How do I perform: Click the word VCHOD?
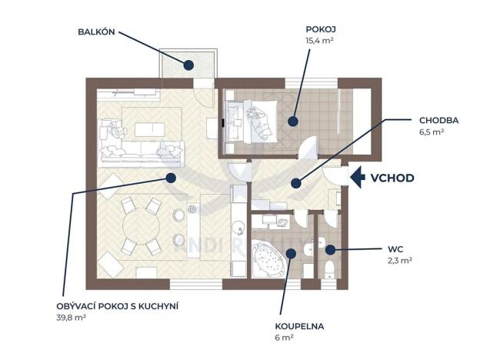click(x=392, y=178)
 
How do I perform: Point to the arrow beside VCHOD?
click(x=358, y=178)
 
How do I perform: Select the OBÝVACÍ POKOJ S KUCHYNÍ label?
click(x=118, y=306)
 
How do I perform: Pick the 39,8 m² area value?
click(x=72, y=317)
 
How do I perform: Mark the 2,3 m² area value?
click(x=401, y=261)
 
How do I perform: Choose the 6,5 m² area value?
click(x=432, y=132)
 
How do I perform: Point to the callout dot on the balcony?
click(x=188, y=65)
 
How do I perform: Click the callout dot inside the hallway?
click(x=294, y=182)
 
